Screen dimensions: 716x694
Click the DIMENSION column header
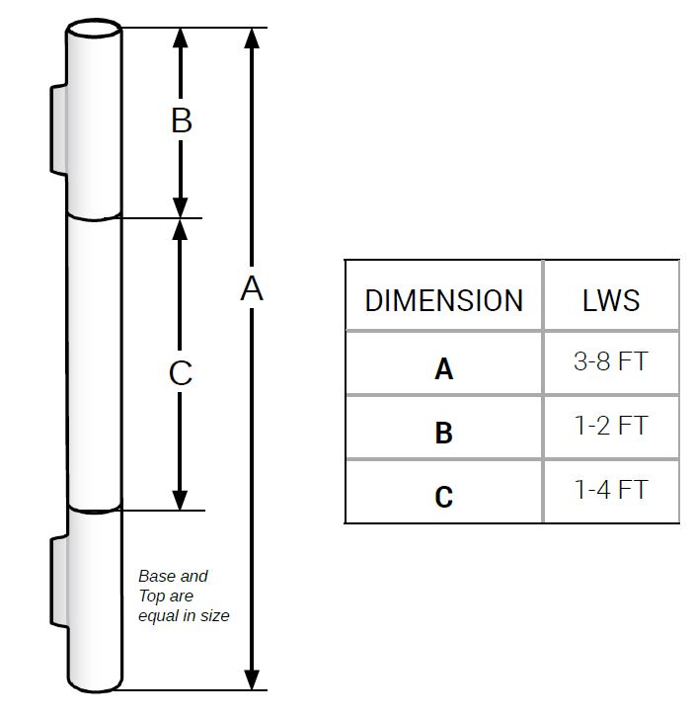[443, 299]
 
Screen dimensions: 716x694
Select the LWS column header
[611, 299]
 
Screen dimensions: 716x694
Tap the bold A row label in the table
[443, 368]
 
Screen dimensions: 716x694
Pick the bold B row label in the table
[443, 433]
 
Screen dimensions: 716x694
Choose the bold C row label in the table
[443, 496]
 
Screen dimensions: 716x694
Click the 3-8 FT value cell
[611, 361]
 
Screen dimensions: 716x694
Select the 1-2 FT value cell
[611, 426]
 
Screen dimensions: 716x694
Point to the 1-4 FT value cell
[611, 489]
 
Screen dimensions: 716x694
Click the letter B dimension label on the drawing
[181, 120]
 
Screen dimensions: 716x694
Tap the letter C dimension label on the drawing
[181, 373]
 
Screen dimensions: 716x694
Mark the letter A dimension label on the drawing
[253, 288]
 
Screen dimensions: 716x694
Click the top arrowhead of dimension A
[253, 39]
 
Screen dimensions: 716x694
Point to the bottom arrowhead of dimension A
[253, 679]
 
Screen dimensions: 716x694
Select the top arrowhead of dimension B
[181, 38]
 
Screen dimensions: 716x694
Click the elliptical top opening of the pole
[95, 30]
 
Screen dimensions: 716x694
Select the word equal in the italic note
[158, 615]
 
